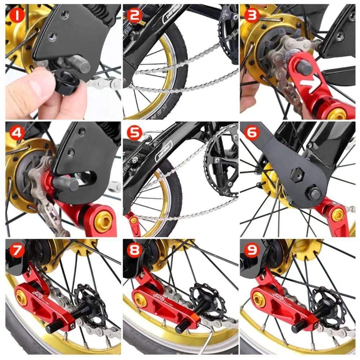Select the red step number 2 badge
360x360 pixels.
[134, 16]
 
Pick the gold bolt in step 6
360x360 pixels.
[337, 215]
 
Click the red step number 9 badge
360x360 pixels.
[252, 250]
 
